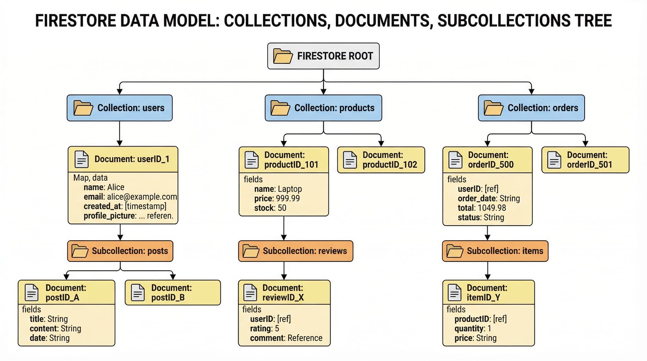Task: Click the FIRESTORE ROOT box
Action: point(323,56)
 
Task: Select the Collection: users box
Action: point(120,108)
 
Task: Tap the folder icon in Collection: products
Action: point(280,108)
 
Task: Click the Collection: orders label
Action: point(543,108)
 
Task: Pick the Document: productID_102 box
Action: point(381,160)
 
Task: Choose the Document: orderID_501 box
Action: point(585,160)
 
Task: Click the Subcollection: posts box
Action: point(120,251)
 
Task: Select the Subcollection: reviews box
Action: point(295,251)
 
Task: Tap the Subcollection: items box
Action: point(495,251)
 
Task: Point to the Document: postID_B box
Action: point(173,292)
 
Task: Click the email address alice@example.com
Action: point(142,197)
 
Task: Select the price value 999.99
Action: point(288,198)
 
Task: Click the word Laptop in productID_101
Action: point(290,189)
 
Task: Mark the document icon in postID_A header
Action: point(32,292)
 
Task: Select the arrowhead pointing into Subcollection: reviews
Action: point(284,238)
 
